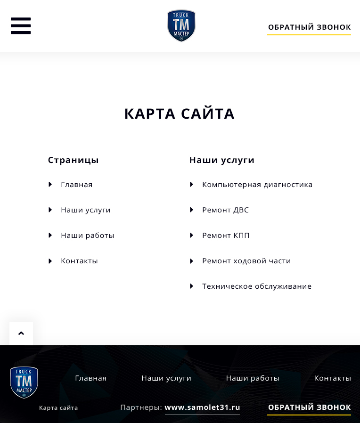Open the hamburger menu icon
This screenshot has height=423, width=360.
(21, 26)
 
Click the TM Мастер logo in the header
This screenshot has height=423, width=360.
(181, 26)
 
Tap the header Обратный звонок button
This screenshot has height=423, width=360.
(309, 27)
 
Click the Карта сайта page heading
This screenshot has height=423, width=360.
(180, 114)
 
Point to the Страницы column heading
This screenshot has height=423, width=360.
(73, 160)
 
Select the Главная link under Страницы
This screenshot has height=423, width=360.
(76, 185)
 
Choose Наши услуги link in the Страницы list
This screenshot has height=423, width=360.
(85, 210)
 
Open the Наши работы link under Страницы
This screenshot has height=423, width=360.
(87, 236)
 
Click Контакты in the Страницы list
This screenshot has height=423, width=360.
(79, 261)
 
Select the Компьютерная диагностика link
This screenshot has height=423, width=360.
(257, 185)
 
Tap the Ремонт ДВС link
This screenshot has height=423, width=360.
(225, 210)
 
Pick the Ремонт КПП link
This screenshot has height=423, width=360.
(226, 236)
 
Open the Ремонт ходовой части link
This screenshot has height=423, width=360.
(246, 261)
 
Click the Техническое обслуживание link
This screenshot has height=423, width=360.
(256, 286)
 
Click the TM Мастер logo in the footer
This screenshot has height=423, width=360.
(24, 382)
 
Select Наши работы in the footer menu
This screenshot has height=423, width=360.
(253, 378)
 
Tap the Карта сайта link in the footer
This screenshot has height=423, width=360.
(58, 408)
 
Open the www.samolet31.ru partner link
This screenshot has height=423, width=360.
(202, 407)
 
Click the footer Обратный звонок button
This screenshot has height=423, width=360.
(309, 407)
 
